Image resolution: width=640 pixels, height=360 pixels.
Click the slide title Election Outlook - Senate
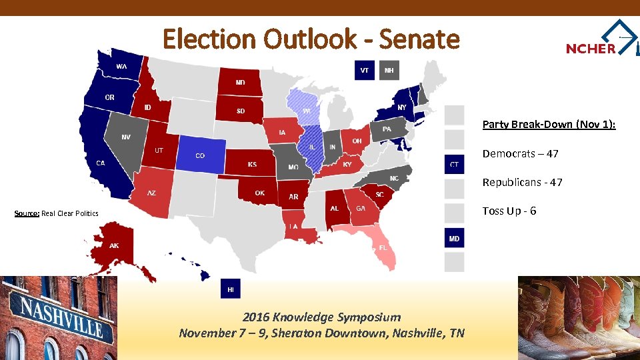311,39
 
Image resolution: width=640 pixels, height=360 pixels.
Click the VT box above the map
365,70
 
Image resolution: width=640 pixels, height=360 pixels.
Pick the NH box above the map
389,70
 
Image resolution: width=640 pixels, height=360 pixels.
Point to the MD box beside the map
454,238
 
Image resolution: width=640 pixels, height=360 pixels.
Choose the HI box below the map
231,289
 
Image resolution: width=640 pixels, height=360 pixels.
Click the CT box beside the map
454,164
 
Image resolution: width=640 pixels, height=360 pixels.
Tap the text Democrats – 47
520,153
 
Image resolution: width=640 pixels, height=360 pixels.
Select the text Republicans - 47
522,182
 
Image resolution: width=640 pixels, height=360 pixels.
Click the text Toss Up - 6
509,211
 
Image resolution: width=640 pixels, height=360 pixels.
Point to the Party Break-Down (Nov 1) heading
549,124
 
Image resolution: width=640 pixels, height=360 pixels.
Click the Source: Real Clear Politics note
57,213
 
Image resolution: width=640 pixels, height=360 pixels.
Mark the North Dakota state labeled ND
240,83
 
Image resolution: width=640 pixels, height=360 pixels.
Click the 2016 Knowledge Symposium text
321,317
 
